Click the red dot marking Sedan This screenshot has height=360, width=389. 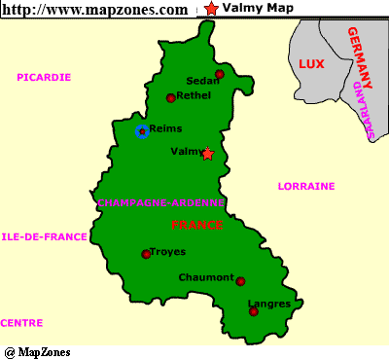click(220, 74)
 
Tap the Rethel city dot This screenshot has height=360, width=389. click(170, 97)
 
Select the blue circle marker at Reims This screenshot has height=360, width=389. click(142, 130)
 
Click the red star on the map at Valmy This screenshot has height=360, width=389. click(207, 153)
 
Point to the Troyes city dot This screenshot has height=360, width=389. click(146, 254)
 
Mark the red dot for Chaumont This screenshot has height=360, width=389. click(240, 281)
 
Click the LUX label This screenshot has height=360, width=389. click(310, 64)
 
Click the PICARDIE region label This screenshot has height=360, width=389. click(44, 76)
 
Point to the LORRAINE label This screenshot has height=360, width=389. click(306, 186)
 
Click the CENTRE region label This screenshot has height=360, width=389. click(21, 322)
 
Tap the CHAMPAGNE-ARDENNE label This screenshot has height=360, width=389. click(161, 202)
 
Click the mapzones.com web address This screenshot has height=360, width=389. click(95, 9)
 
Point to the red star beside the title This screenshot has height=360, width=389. click(211, 9)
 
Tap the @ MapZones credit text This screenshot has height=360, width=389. click(37, 351)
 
